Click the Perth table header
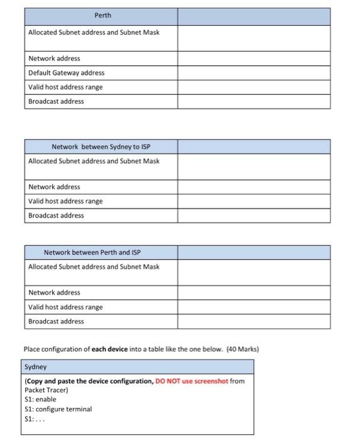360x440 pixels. (x=101, y=16)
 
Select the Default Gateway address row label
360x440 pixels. (x=66, y=73)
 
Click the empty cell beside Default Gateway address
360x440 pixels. (x=253, y=73)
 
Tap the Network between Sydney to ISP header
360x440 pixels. (x=101, y=147)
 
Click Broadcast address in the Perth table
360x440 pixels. (x=56, y=101)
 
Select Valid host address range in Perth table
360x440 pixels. (x=65, y=87)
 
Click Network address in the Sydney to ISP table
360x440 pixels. (x=54, y=187)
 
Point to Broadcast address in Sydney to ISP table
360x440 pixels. (x=56, y=216)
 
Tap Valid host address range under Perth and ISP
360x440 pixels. (x=65, y=307)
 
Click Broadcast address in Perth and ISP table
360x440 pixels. (x=56, y=321)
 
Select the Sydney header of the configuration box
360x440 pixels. (x=36, y=366)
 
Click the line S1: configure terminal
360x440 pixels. (x=58, y=409)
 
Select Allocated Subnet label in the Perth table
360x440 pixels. (x=94, y=32)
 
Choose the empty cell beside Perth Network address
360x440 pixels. (x=253, y=58)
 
